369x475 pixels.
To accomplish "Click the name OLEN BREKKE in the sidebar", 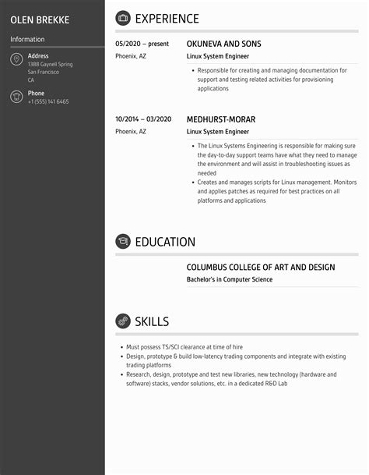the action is tap(45, 19).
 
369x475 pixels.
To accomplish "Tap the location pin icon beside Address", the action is tap(16, 60).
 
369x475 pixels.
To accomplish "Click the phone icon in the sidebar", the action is tap(16, 97).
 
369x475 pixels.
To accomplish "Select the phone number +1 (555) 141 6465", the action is tap(48, 101).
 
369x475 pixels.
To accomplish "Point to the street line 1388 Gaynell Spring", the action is tap(50, 64).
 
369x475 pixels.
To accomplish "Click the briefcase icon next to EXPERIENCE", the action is tap(123, 19).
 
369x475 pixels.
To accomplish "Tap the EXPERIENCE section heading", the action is tap(167, 19).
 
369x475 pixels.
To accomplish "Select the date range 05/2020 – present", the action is tap(142, 44).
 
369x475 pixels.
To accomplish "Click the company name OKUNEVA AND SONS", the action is tap(224, 44).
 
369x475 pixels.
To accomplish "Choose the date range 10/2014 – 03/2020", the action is tap(143, 119).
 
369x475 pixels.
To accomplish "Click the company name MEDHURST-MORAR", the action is tap(221, 119).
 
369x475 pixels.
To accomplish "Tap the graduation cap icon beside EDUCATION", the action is tap(123, 242).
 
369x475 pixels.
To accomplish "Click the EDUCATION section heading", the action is tap(165, 242).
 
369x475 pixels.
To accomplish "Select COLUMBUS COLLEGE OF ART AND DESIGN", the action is tap(261, 268).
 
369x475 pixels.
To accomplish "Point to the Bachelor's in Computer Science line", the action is tap(230, 279).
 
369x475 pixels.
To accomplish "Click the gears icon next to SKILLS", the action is tap(123, 321).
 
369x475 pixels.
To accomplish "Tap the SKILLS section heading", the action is tap(152, 321).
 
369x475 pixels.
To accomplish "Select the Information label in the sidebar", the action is tap(27, 39).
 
